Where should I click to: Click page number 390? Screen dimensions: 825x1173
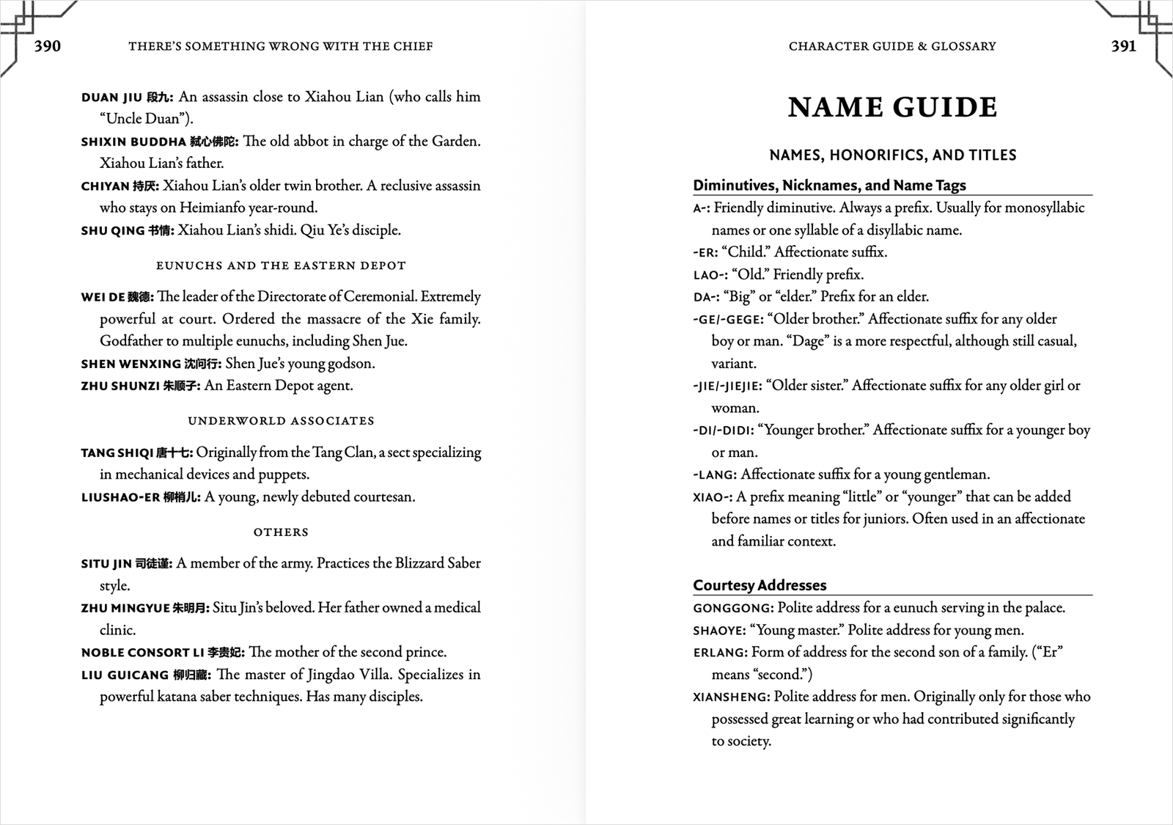pos(48,46)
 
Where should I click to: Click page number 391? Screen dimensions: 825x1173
pos(1123,46)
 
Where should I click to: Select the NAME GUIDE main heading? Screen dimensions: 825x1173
pos(892,107)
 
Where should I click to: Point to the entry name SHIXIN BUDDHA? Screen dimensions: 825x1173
pos(133,142)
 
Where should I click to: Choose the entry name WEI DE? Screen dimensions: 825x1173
pos(105,298)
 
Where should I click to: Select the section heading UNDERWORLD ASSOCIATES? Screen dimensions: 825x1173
pos(281,421)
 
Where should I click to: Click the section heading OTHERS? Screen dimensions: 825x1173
pos(281,532)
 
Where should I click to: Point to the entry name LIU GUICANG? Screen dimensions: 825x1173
pos(125,675)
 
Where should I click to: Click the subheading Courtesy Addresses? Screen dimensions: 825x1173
pos(760,585)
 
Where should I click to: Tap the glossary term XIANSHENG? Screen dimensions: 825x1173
pos(731,697)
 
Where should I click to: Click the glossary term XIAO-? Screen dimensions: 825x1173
pos(711,498)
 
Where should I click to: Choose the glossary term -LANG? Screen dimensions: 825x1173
pos(714,475)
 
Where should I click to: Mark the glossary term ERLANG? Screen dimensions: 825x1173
pos(720,653)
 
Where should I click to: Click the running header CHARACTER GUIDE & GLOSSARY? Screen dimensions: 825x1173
pos(892,46)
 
